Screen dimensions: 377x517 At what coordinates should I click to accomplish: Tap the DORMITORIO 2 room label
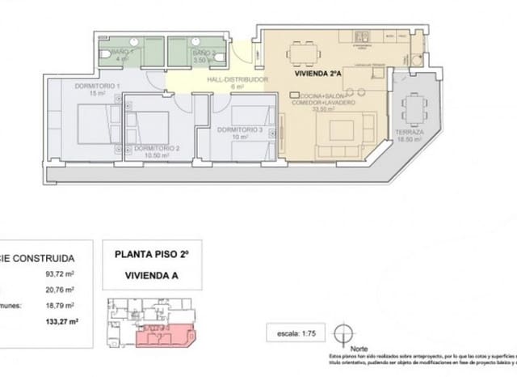[x=157, y=149]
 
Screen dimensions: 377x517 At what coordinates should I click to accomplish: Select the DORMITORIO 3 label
[x=241, y=130]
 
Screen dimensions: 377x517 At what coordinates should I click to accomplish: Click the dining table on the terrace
[x=414, y=105]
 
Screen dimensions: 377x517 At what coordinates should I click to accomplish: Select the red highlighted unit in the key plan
[x=166, y=333]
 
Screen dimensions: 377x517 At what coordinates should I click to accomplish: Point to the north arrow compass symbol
[x=345, y=332]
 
